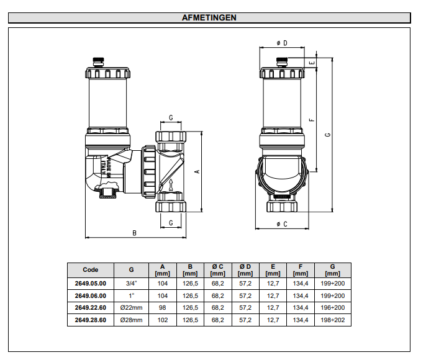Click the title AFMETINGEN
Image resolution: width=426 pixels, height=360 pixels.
coord(209,17)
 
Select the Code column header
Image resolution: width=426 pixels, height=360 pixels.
coord(90,270)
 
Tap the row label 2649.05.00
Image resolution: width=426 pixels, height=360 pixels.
coord(90,284)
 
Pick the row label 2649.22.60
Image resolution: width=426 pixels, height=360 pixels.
coord(90,308)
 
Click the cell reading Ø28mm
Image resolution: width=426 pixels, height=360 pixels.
coord(131,320)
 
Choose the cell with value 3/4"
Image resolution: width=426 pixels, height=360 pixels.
coord(131,284)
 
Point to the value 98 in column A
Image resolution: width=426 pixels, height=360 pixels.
coord(163,308)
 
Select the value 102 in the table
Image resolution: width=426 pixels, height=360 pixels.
coord(163,320)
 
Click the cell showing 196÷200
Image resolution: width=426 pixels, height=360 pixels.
coord(332,308)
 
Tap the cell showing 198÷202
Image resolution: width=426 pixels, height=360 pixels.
coord(332,320)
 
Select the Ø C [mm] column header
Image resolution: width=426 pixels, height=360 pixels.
coord(217,270)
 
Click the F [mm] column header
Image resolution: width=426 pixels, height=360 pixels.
coord(300,270)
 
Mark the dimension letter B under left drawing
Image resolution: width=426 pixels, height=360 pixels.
coord(135,233)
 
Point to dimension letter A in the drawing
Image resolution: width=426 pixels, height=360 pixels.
coord(197,172)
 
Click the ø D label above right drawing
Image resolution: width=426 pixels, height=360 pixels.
coord(281,43)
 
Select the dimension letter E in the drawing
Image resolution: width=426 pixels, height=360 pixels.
coord(314,62)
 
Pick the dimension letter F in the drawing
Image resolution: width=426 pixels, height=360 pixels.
coord(312,120)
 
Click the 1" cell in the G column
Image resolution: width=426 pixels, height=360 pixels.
coord(131,296)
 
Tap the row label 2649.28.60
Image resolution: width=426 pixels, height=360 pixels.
coord(90,320)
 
